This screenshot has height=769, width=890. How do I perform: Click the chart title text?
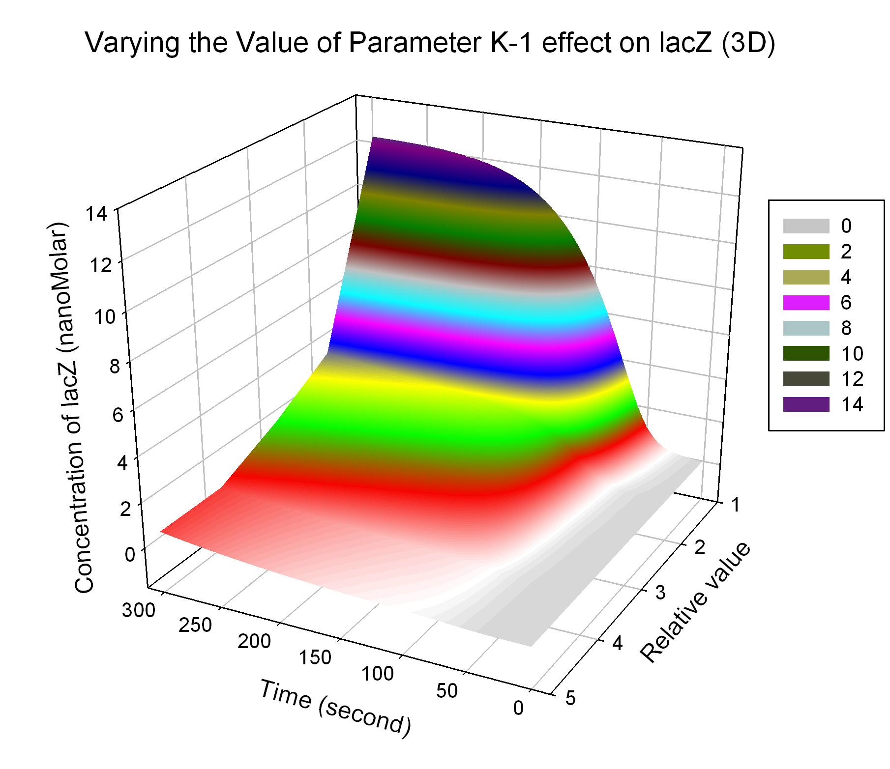430,43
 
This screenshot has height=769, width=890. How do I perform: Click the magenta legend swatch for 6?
806,303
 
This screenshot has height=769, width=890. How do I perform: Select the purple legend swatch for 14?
806,404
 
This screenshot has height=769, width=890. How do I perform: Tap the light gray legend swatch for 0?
806,226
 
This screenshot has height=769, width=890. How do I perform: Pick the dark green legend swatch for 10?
806,353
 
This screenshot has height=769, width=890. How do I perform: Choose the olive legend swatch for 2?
806,252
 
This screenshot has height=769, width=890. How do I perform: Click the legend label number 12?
852,379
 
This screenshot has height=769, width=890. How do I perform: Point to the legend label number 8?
846,328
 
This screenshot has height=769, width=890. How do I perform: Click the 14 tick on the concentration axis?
95,214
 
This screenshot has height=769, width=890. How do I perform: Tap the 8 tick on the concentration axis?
115,366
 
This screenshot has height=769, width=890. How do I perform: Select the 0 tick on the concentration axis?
130,554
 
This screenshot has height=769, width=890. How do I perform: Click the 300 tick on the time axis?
139,610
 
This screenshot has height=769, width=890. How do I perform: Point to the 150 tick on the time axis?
315,657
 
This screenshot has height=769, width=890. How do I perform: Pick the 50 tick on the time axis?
446,691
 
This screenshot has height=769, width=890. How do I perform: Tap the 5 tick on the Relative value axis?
570,698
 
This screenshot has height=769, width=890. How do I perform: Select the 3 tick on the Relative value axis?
660,593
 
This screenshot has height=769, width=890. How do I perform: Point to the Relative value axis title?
695,602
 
